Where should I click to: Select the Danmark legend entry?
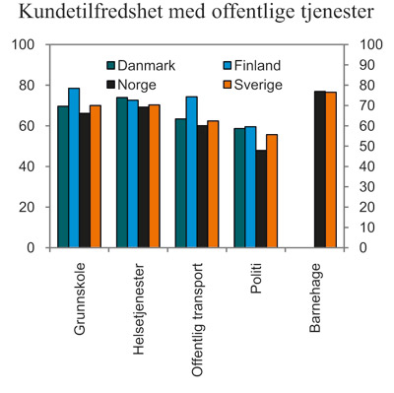point(143,65)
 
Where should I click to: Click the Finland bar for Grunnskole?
point(74,167)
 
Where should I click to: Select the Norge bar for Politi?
point(260,198)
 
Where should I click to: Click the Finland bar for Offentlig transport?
point(191,171)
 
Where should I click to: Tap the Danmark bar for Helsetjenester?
point(121,172)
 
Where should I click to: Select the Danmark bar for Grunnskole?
point(62,176)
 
